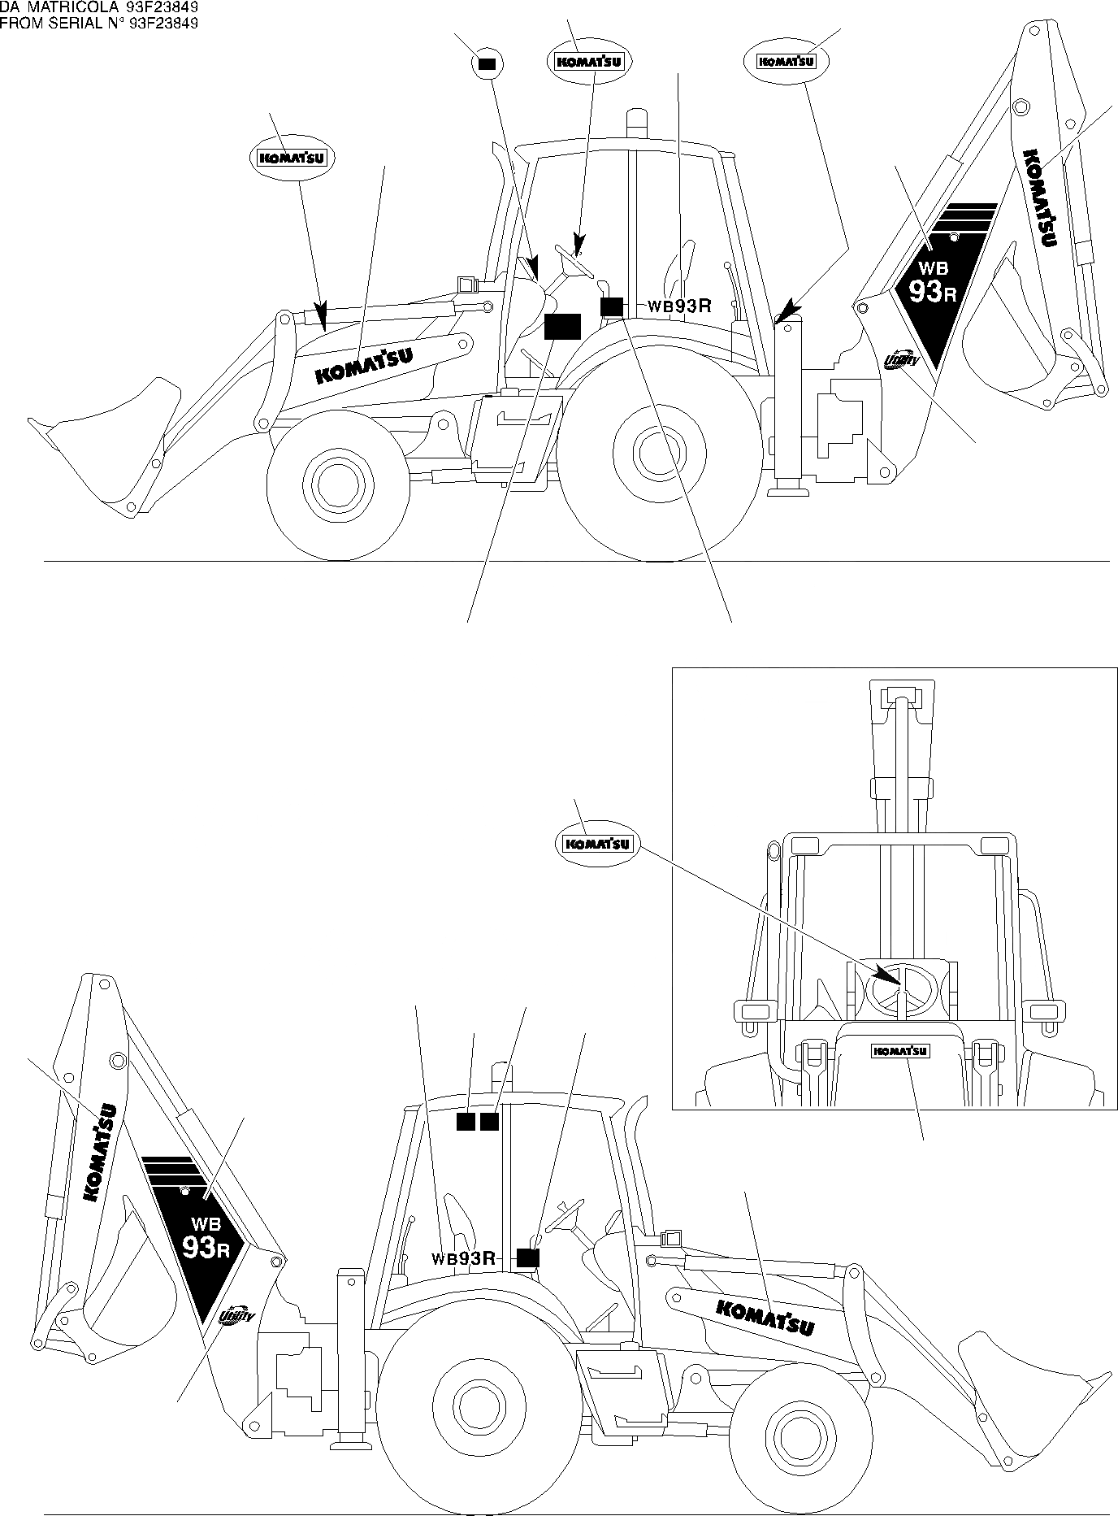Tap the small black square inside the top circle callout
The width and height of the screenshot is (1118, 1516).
[487, 63]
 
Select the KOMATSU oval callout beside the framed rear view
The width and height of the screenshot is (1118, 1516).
[597, 844]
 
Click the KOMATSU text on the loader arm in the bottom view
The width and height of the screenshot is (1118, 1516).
[765, 1318]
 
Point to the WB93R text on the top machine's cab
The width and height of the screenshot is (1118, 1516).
[679, 306]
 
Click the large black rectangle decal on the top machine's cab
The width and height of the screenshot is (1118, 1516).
[561, 325]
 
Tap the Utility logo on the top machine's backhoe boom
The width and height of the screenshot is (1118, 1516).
[900, 358]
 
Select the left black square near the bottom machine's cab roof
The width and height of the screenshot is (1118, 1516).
[465, 1122]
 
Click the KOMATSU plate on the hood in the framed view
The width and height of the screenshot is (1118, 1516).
[900, 1051]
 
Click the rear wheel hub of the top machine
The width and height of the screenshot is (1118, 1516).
[653, 451]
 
